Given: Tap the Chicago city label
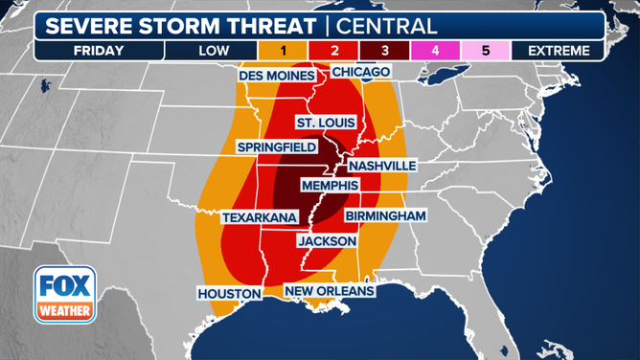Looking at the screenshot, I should [361, 72].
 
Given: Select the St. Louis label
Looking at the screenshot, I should [326, 123].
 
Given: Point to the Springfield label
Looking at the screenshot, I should [278, 147].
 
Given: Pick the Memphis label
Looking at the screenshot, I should [329, 185].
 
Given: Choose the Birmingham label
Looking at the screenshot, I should [384, 216].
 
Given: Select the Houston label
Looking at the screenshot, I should [230, 292].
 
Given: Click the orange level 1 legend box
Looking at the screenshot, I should [285, 50].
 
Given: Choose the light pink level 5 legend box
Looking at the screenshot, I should [486, 50].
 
